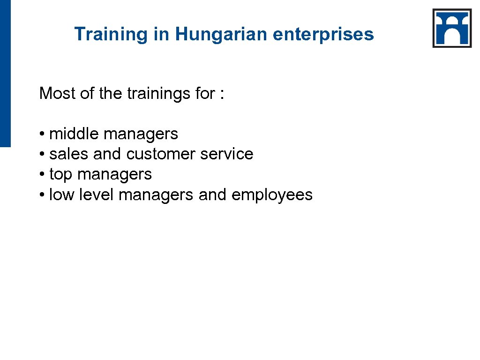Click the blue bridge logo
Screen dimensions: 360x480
coord(452,28)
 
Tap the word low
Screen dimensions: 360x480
coord(61,195)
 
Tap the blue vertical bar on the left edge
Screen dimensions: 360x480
coord(5,73)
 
